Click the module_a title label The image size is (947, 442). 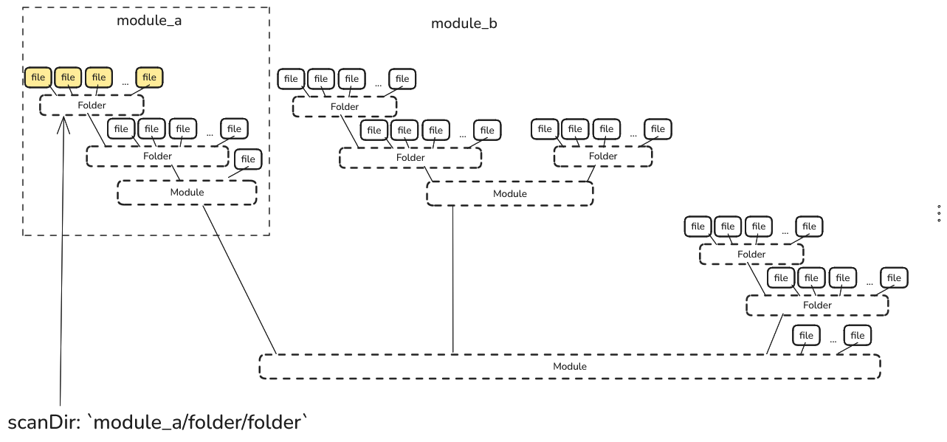point(149,21)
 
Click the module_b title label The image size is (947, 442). point(464,24)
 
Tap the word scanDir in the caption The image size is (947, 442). point(43,423)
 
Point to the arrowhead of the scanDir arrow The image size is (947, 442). point(64,122)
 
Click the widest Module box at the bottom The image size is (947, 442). point(569,367)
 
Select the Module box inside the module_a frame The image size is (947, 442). point(187,193)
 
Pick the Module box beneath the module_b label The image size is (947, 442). point(509,194)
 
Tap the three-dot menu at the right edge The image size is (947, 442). point(938,214)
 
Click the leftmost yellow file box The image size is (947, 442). point(38,77)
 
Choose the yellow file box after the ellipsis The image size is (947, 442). point(149,77)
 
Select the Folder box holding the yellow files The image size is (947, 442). point(92,106)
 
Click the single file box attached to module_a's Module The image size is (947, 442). point(248,159)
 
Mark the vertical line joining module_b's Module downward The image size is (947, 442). point(452,280)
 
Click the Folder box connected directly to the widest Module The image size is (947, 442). point(817,305)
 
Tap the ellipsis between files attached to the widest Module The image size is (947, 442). point(833,339)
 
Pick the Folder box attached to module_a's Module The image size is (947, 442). point(157,156)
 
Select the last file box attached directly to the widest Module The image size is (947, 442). point(857,336)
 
